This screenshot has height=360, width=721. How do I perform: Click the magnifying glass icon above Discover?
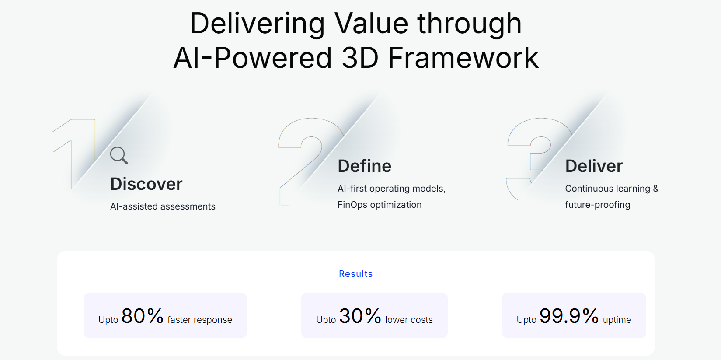(x=119, y=156)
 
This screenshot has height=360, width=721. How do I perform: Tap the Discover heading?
(x=146, y=184)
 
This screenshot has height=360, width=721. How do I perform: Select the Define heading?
(x=364, y=166)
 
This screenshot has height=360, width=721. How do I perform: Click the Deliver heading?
(x=594, y=166)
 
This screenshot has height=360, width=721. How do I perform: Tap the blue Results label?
(x=355, y=274)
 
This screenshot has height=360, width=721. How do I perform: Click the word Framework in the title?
(x=463, y=58)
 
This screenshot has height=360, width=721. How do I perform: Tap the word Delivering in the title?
(x=257, y=24)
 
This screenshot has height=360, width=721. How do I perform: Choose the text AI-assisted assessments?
(x=163, y=206)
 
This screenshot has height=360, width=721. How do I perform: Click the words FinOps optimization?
(x=380, y=205)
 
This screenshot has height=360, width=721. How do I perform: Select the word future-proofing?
(x=598, y=205)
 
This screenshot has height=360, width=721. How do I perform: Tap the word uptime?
(x=617, y=320)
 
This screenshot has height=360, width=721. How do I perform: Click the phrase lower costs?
(x=409, y=320)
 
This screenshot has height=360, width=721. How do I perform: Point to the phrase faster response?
(x=199, y=320)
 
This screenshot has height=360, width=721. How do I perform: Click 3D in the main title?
(x=359, y=58)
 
